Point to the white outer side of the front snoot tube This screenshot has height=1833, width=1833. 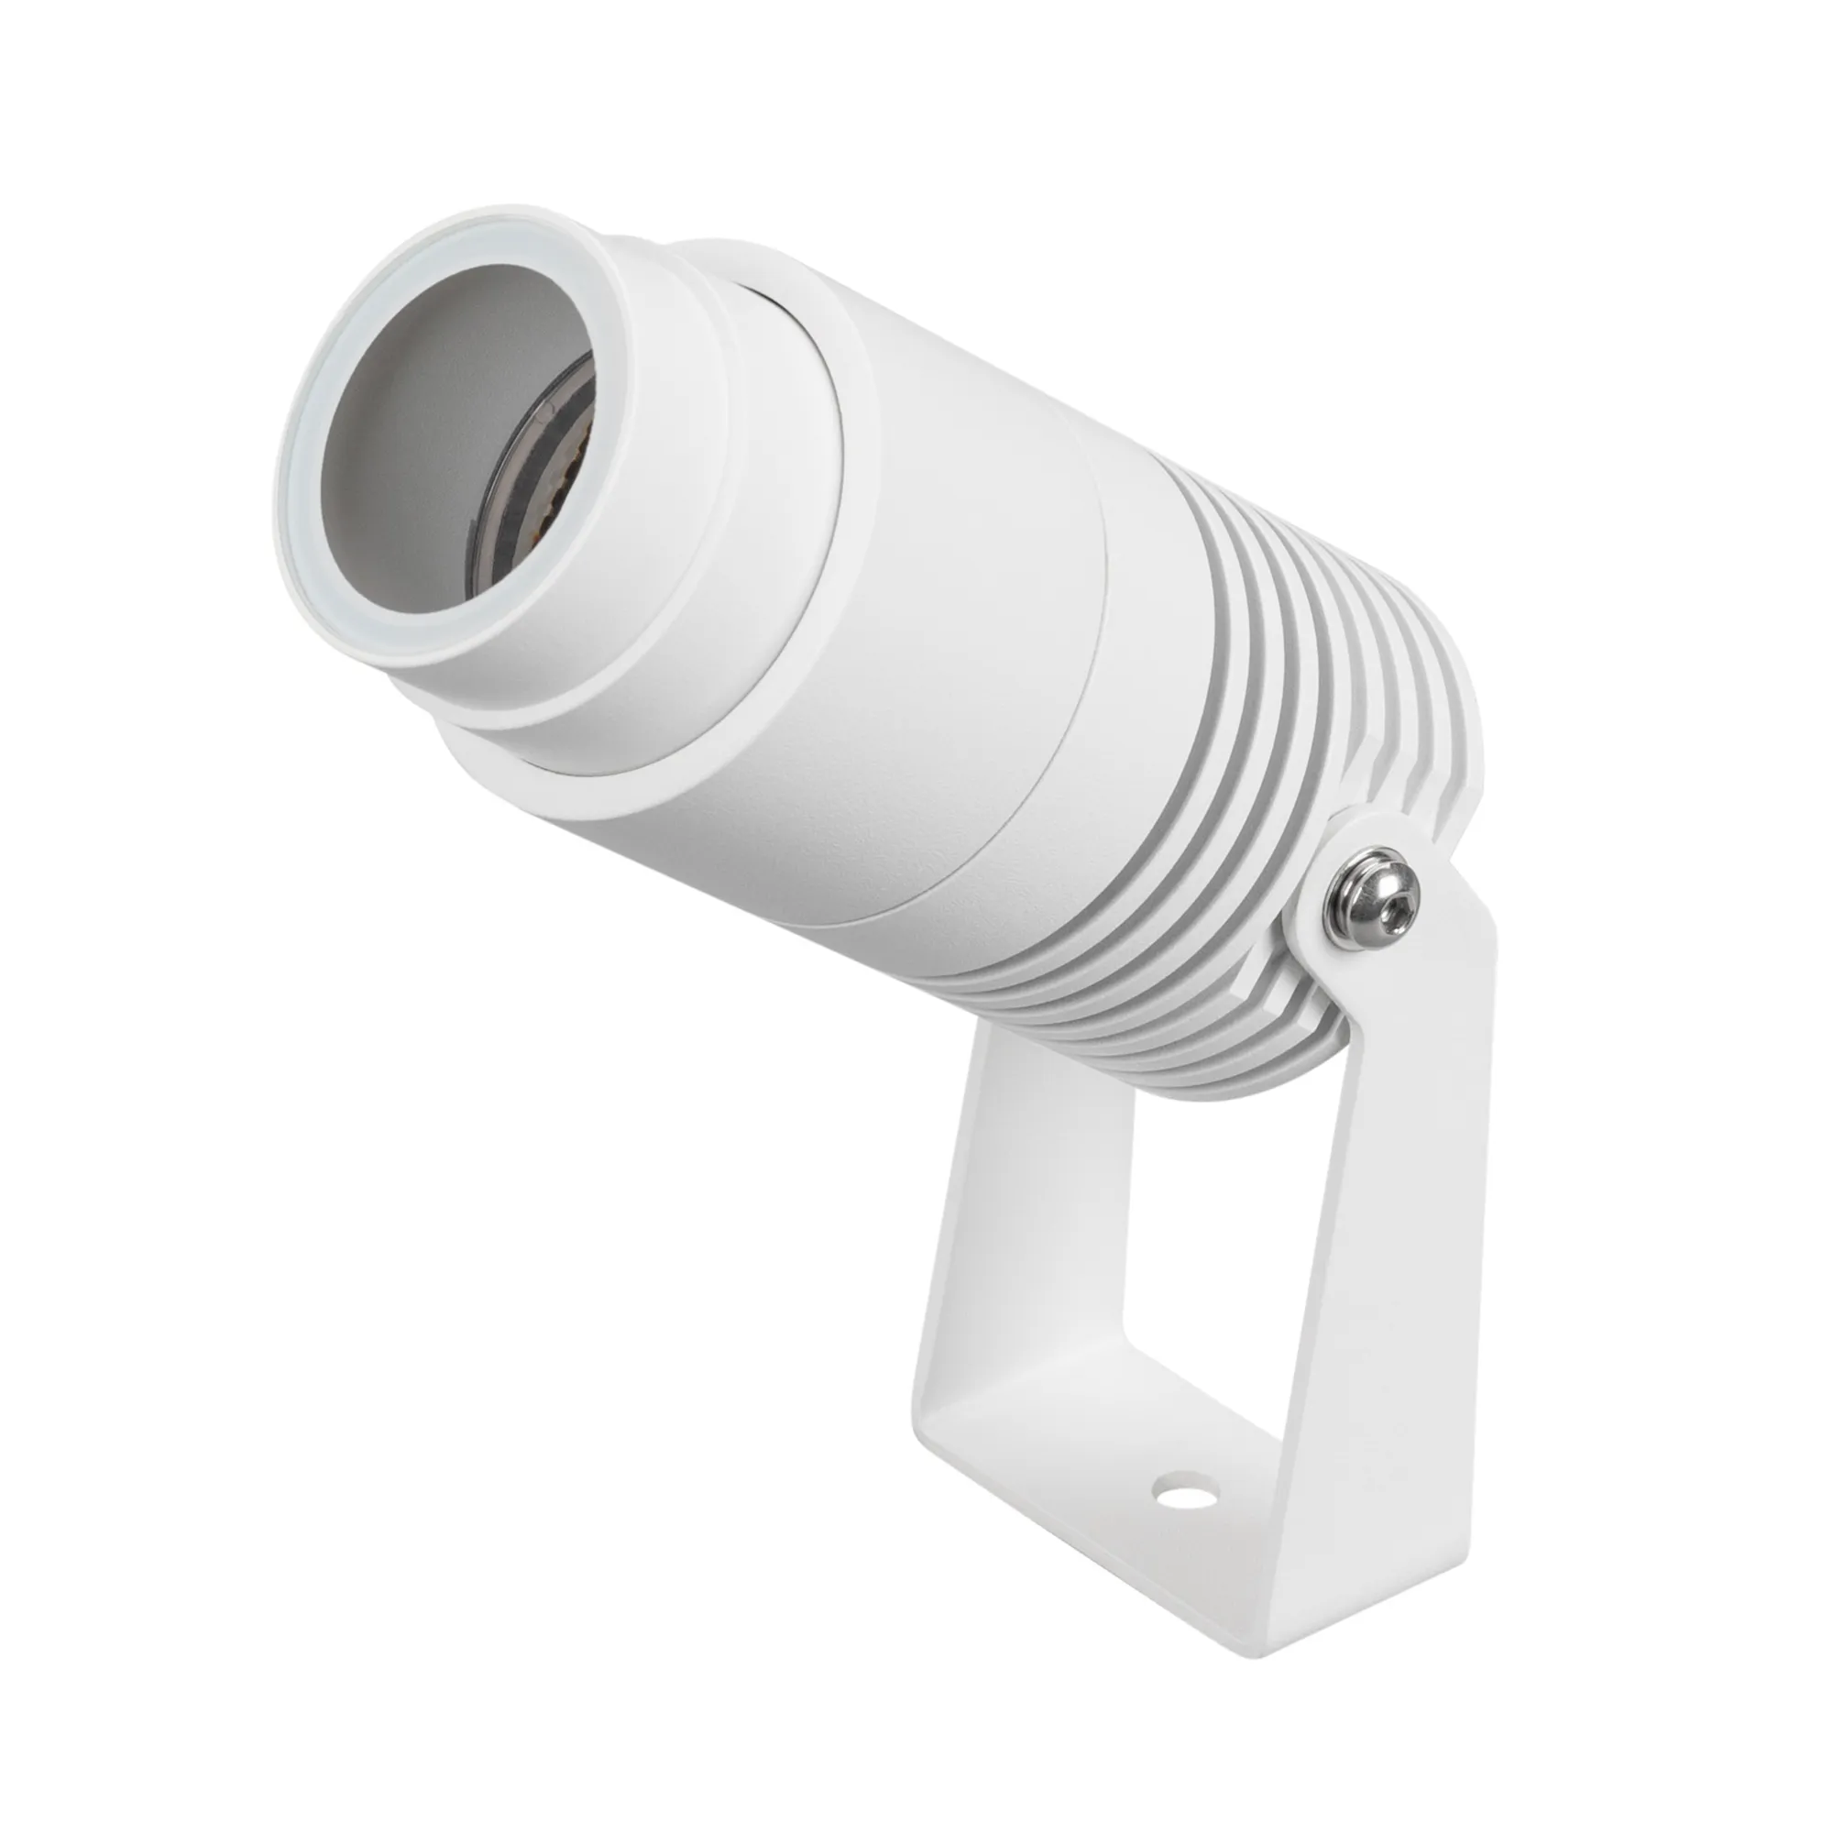click(x=608, y=608)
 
